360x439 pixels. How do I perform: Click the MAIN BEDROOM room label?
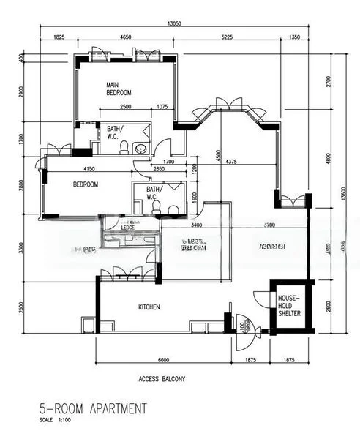(x=119, y=89)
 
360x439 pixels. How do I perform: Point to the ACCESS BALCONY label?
(x=162, y=379)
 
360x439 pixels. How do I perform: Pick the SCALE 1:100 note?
(x=56, y=420)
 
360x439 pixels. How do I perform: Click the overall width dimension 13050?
(x=173, y=23)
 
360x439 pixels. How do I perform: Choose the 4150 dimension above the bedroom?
(x=86, y=170)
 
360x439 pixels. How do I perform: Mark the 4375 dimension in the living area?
(x=232, y=161)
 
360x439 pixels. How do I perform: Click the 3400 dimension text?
(x=195, y=225)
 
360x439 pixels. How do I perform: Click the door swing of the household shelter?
(x=261, y=300)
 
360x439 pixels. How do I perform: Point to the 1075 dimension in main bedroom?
(x=162, y=108)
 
